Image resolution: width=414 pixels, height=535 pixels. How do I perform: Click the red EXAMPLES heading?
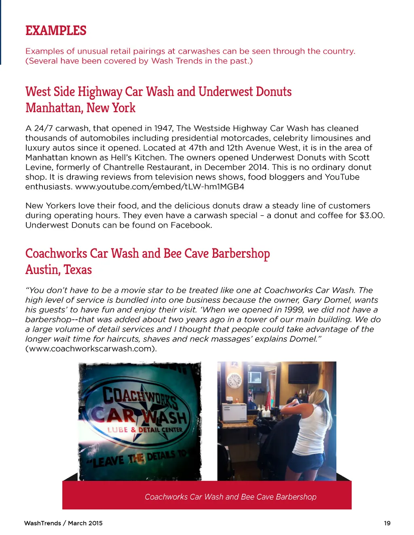[56, 31]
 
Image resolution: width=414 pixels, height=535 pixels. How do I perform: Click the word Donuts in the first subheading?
[274, 92]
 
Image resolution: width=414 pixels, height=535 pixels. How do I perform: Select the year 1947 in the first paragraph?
[163, 128]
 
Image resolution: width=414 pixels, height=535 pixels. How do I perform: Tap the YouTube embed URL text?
[160, 187]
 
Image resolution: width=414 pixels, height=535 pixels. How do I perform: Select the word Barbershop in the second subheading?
[241, 254]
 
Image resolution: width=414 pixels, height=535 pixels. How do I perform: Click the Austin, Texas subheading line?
[59, 270]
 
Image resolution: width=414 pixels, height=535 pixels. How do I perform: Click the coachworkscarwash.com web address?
[91, 349]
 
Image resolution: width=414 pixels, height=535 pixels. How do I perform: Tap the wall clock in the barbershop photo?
[234, 380]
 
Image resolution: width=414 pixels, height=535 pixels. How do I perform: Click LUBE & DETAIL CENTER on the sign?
[145, 430]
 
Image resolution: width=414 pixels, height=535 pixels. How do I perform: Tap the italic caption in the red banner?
[230, 497]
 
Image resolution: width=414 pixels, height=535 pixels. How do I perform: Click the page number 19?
[387, 523]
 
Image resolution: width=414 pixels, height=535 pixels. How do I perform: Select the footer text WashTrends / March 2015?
[63, 523]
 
